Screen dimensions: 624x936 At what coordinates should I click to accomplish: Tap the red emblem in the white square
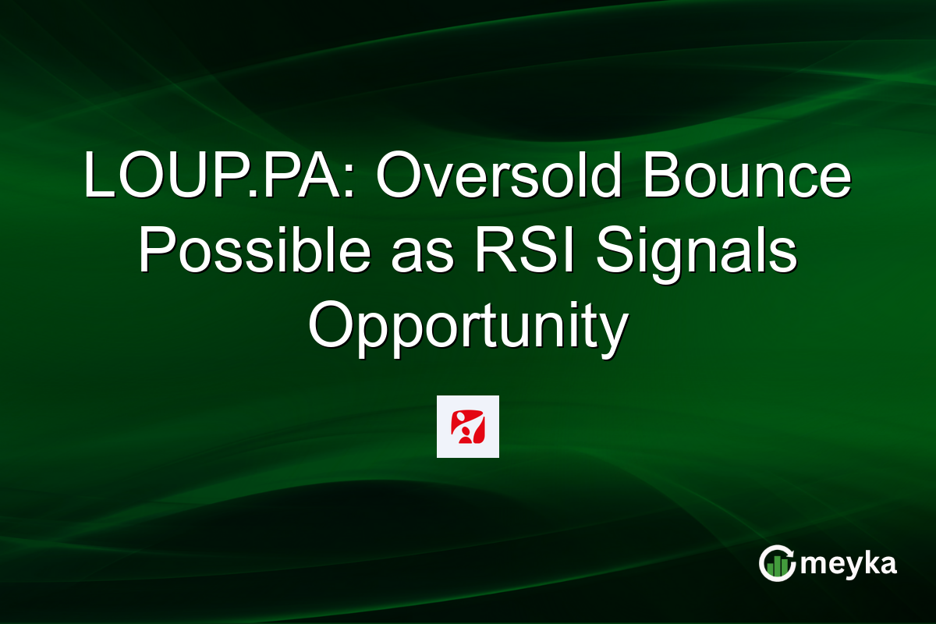tap(467, 426)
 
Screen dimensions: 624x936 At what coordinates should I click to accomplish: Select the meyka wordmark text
tap(849, 565)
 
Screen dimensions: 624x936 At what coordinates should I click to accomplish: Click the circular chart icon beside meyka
tap(778, 563)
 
